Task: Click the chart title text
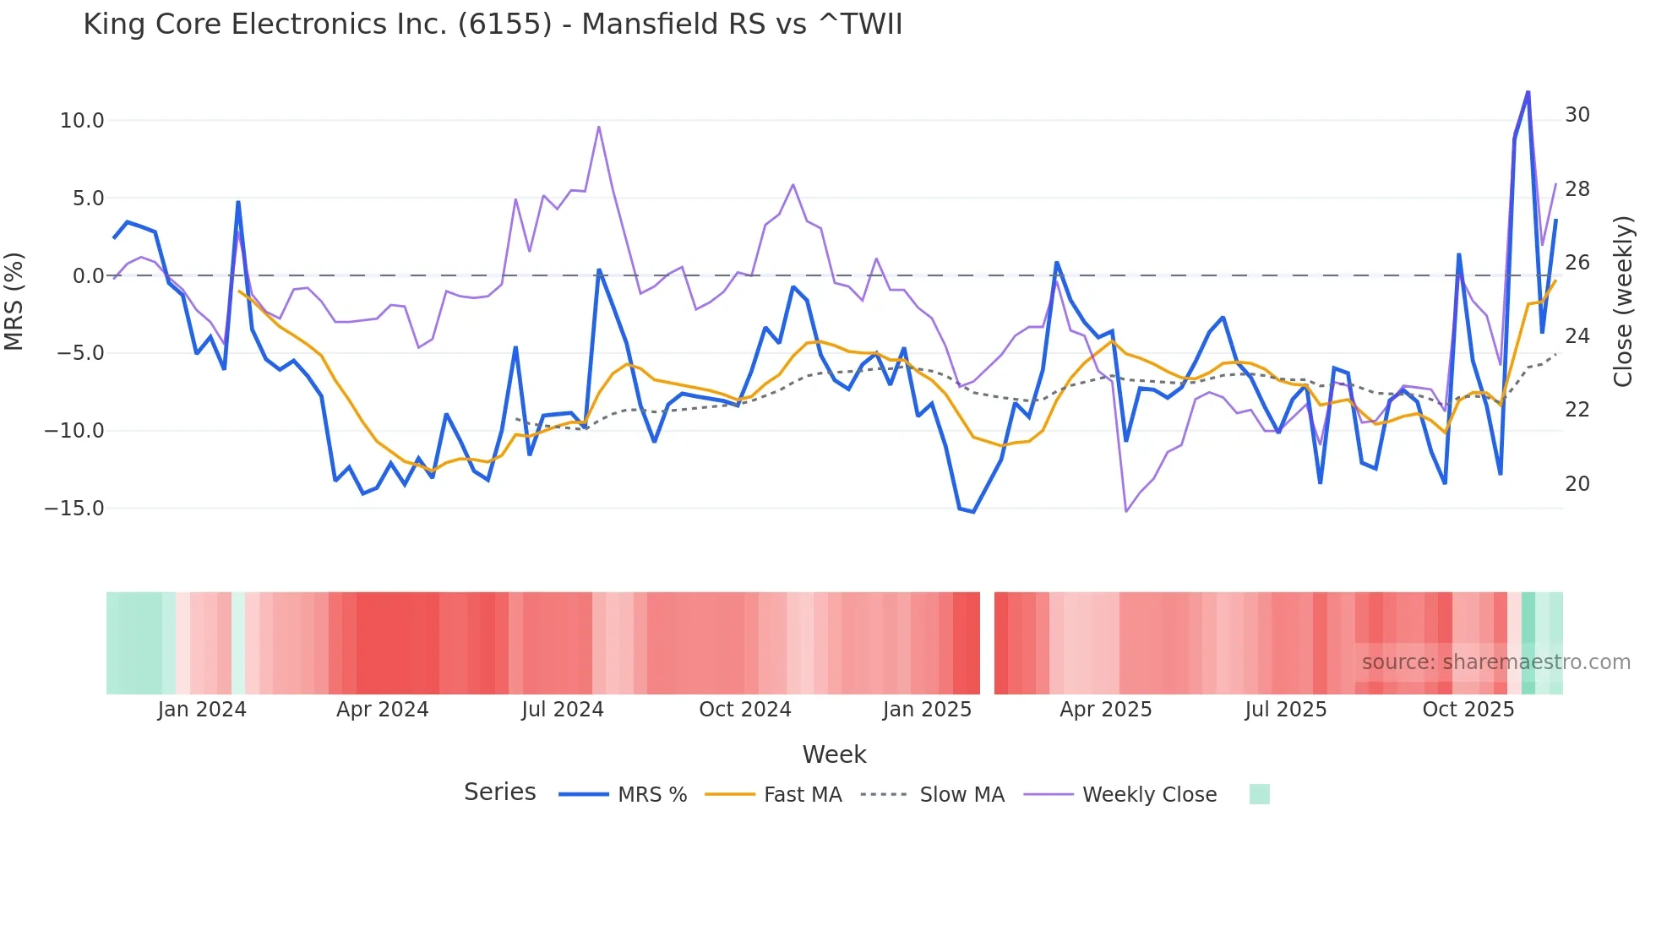(493, 24)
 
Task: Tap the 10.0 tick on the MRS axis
(82, 121)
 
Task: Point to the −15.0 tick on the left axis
(74, 509)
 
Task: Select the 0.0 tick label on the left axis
(88, 276)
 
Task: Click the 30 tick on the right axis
(1577, 115)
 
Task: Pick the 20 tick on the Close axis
(1577, 484)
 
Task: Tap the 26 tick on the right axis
(1577, 263)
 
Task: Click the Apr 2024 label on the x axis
(382, 710)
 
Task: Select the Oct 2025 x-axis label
(1468, 710)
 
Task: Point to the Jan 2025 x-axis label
(927, 710)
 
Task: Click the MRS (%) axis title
(14, 301)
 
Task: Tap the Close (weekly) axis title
(1623, 302)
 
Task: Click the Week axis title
(834, 754)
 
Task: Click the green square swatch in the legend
(1259, 794)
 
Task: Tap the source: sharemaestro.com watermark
(1495, 662)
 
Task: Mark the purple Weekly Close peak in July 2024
(599, 128)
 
